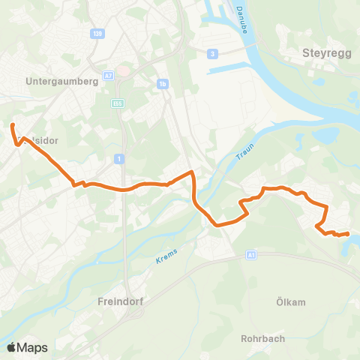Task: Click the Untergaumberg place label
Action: (62, 82)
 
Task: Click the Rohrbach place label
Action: (262, 338)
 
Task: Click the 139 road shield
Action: (95, 33)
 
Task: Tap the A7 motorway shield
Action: (109, 76)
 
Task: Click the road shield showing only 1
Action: (119, 158)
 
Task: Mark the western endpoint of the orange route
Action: (13, 125)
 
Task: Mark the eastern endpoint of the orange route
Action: (348, 234)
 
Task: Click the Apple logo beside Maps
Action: (12, 347)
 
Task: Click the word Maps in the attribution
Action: (33, 347)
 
